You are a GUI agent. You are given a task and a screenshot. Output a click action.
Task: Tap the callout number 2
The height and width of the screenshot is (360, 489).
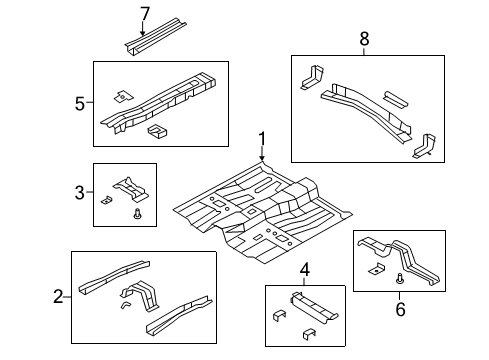tap(59, 295)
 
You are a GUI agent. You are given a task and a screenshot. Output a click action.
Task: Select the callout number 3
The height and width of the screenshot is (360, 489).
tap(80, 190)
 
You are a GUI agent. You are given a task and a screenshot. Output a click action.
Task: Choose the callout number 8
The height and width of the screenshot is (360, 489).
tap(363, 39)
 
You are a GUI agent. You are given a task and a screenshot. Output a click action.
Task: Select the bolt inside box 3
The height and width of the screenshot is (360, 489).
tap(136, 212)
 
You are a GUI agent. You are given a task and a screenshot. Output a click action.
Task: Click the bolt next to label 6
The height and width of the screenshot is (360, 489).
tap(399, 279)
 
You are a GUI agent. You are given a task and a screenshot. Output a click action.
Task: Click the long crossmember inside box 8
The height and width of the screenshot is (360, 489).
tap(365, 109)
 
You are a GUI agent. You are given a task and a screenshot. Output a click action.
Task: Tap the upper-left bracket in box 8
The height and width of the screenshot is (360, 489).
tap(307, 77)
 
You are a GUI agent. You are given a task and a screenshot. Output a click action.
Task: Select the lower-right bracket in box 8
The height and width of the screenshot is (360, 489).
tap(423, 144)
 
